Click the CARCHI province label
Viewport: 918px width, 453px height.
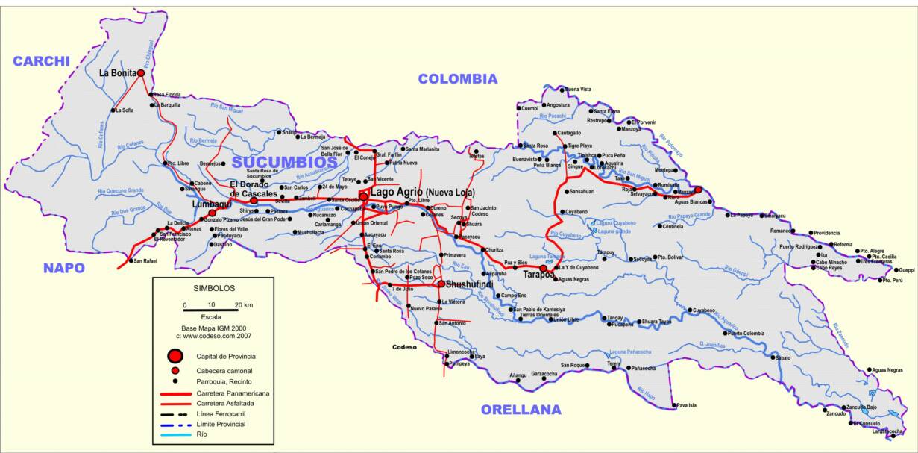(41, 61)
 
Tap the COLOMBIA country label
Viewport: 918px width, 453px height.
(457, 78)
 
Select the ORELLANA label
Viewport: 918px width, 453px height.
(521, 409)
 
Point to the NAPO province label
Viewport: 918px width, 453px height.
(63, 268)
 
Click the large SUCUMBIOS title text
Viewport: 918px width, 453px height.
(284, 162)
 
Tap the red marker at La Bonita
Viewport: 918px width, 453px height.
(140, 73)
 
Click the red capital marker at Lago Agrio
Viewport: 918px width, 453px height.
(363, 196)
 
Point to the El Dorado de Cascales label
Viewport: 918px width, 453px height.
(254, 189)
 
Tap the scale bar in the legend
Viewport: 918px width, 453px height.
(211, 309)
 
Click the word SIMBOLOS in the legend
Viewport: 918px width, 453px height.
(214, 287)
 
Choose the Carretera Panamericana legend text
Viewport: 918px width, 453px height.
(233, 392)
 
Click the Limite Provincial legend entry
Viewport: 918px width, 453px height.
(222, 423)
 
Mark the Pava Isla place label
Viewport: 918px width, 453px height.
(686, 406)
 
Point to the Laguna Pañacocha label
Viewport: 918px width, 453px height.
(630, 351)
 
